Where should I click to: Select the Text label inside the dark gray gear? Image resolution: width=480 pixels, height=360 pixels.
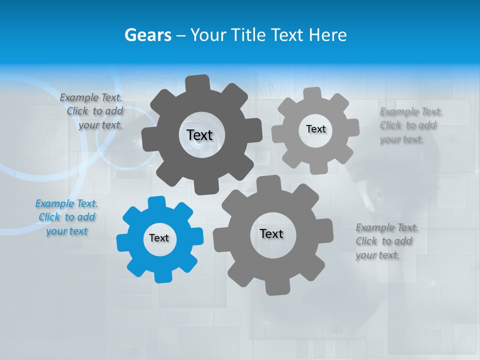pos(199,135)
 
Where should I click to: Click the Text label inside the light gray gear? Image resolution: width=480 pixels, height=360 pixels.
pos(315,129)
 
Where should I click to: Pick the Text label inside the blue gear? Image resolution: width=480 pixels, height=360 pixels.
pos(159,238)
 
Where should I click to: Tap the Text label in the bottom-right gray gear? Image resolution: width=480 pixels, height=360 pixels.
pos(271,233)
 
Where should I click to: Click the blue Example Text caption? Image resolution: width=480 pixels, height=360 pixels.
pos(66,217)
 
